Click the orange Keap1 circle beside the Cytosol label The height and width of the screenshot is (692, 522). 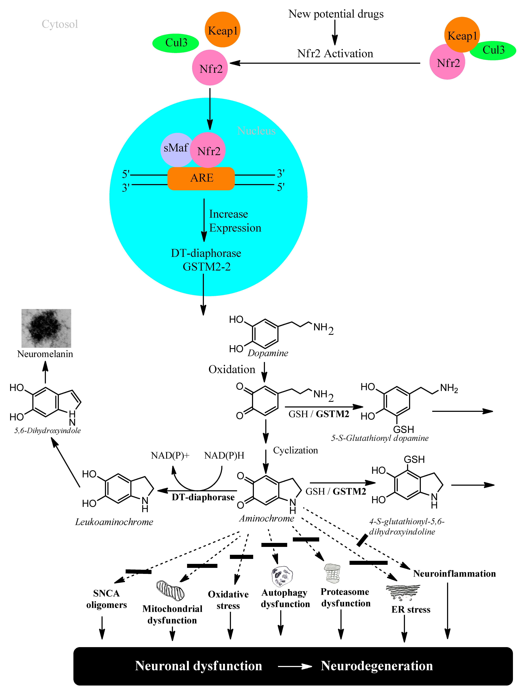[223, 30]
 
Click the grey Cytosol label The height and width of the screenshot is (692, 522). [60, 24]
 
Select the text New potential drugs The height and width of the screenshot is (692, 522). [336, 14]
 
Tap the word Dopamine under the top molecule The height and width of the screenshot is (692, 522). [268, 353]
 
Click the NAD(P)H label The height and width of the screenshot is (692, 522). [224, 456]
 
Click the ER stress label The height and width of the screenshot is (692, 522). [411, 609]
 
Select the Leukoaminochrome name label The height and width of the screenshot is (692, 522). [114, 522]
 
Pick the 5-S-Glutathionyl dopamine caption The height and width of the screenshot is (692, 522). [380, 438]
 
